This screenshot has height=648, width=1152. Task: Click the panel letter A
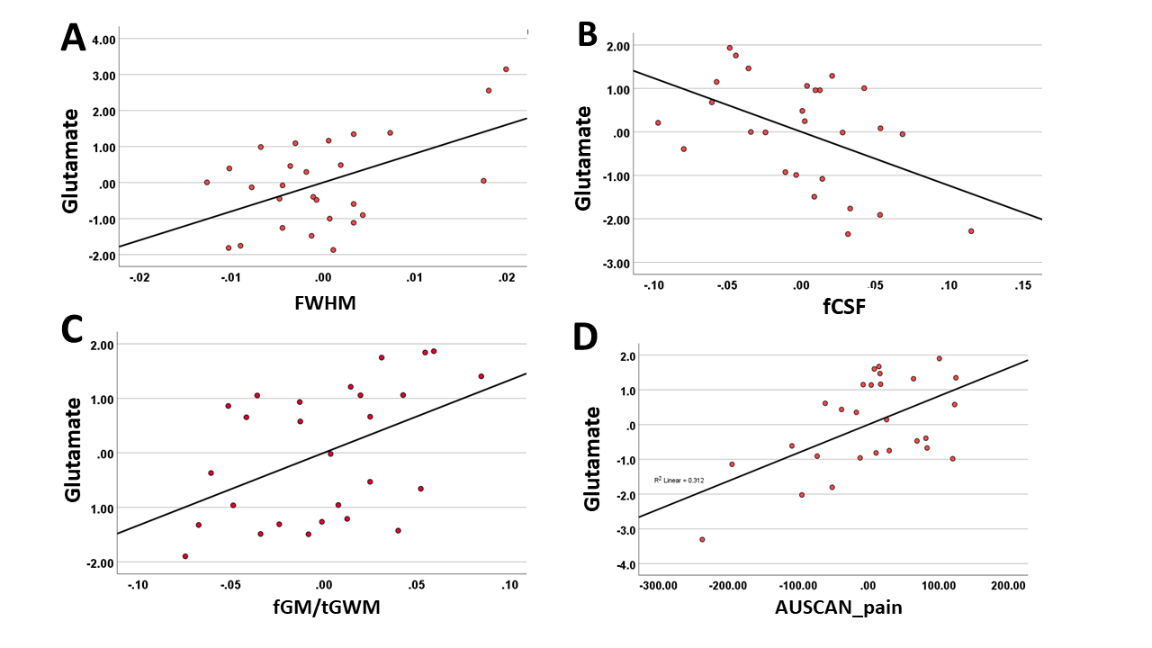73,39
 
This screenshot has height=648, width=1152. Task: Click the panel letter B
588,35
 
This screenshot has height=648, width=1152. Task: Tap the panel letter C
72,329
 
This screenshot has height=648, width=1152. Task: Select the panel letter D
585,337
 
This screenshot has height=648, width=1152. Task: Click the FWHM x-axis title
325,303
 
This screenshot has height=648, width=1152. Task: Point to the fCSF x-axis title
844,307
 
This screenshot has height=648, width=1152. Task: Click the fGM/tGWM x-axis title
327,607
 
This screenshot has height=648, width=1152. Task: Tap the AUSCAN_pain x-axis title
839,607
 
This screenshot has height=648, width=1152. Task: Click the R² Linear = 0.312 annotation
679,480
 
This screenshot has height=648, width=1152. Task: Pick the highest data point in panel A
506,69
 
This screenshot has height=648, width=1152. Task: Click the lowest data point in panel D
702,539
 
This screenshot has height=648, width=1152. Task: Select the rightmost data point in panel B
971,231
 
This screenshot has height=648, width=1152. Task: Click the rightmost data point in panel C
481,376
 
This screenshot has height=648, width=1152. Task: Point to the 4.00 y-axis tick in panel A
103,39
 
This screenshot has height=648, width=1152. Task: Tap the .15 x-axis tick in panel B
1023,285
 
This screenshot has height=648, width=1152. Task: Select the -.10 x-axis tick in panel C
138,585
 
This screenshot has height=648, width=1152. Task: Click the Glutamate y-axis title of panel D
592,459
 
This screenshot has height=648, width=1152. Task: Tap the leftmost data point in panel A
207,182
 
